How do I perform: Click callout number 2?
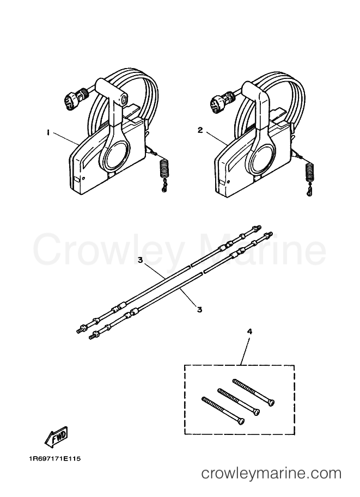coord(200,130)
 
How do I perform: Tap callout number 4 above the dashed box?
coord(249,332)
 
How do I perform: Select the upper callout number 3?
coord(141,260)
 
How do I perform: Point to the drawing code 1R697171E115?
coord(54,458)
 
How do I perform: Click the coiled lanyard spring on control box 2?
coord(309,173)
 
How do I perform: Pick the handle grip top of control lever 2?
coord(255,90)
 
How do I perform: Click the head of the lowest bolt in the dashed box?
coord(241,421)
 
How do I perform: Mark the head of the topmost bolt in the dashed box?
coord(271,403)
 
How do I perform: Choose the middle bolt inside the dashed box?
coord(239,402)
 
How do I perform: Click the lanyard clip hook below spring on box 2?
coord(309,191)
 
